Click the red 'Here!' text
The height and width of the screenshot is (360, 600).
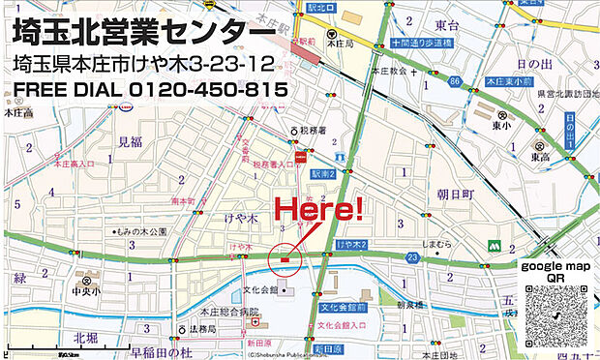pyautogui.click(x=319, y=208)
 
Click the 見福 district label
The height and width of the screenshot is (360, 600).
pyautogui.click(x=130, y=141)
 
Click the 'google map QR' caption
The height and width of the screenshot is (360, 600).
pyautogui.click(x=555, y=271)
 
